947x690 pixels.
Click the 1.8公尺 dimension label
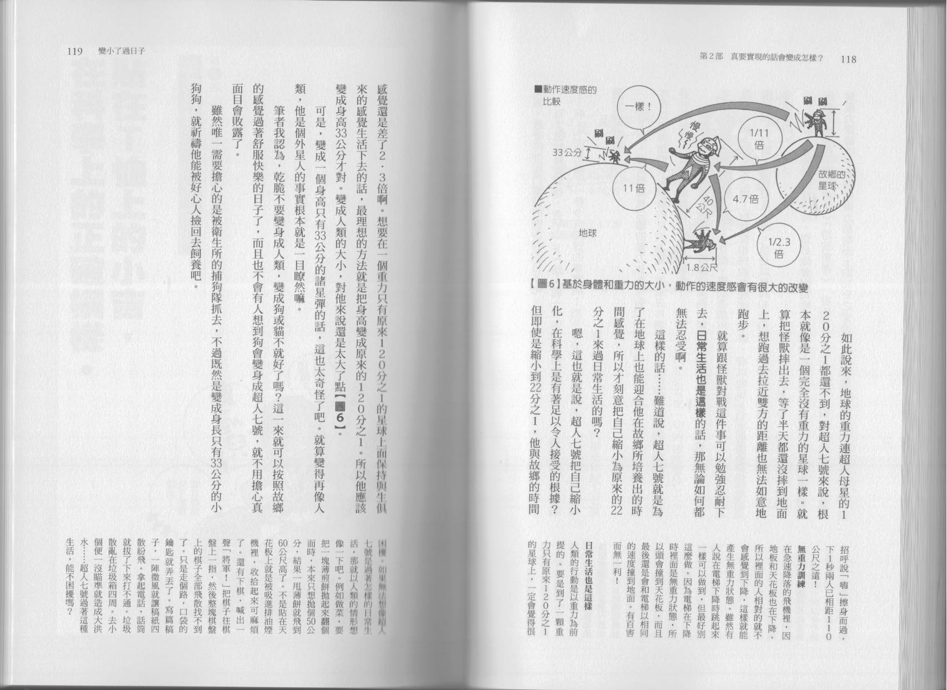click(x=702, y=268)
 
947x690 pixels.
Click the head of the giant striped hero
click(x=702, y=150)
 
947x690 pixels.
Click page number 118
click(x=850, y=58)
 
